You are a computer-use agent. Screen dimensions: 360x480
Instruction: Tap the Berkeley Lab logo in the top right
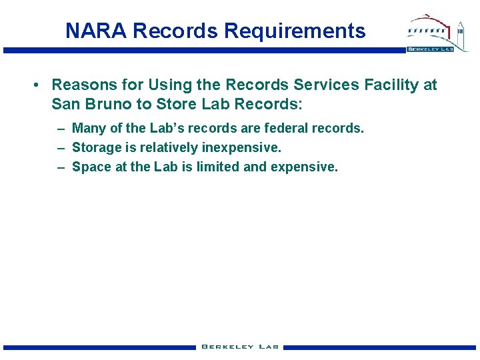(x=430, y=33)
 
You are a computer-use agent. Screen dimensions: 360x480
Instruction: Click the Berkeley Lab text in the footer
(x=240, y=347)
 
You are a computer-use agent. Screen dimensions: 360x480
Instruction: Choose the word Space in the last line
(x=92, y=167)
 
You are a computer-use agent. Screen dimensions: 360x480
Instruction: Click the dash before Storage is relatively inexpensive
(x=61, y=147)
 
